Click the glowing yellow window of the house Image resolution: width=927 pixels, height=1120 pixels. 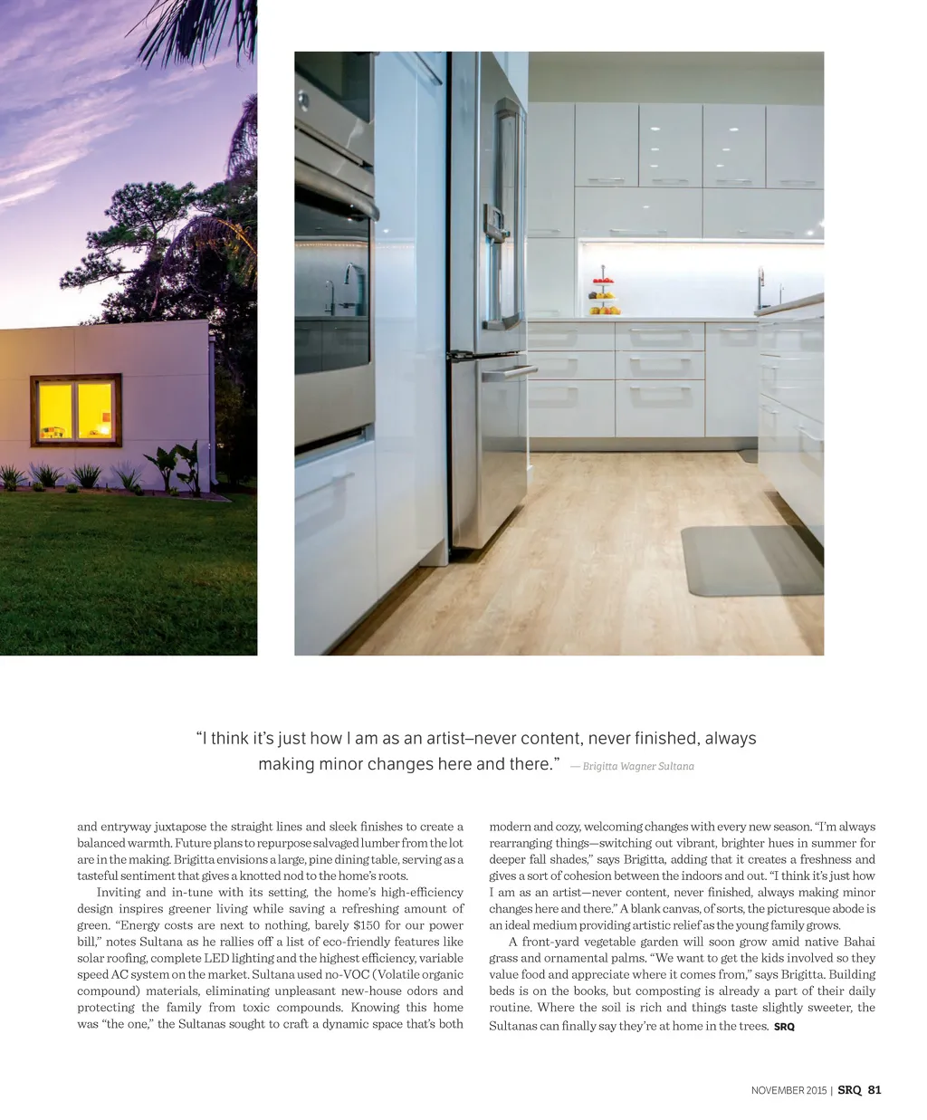tap(76, 409)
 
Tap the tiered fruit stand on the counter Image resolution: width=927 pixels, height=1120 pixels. tap(604, 296)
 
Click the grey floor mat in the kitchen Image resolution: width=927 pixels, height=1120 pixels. tap(750, 560)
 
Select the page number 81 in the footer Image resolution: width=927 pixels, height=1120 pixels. tap(874, 1090)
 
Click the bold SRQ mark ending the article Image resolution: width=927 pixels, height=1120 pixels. tap(784, 1027)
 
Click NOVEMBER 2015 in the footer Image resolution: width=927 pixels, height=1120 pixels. tap(788, 1090)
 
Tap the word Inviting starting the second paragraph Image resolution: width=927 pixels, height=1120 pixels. tap(119, 893)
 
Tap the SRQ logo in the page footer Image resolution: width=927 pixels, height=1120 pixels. tap(849, 1090)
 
